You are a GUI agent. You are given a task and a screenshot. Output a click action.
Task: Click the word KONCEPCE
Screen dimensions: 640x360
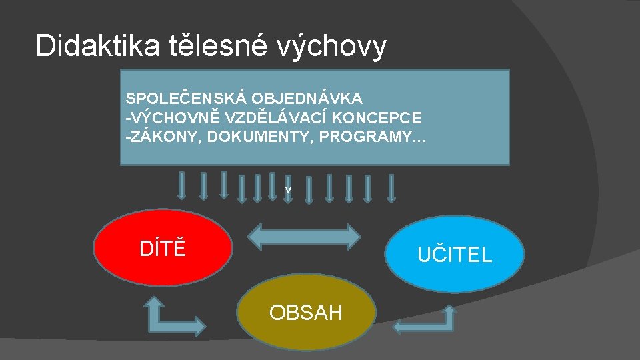tap(378, 118)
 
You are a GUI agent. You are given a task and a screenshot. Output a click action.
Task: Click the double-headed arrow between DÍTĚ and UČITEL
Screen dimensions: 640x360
tap(304, 235)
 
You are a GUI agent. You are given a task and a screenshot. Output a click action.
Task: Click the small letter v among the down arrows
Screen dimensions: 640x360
tap(288, 190)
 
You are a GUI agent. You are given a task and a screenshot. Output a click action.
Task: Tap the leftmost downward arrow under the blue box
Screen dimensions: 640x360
tap(181, 185)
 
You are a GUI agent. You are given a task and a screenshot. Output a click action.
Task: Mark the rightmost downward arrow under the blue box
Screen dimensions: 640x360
tap(391, 187)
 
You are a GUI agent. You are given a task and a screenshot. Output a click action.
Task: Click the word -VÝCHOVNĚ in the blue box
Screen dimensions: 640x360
tap(167, 118)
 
